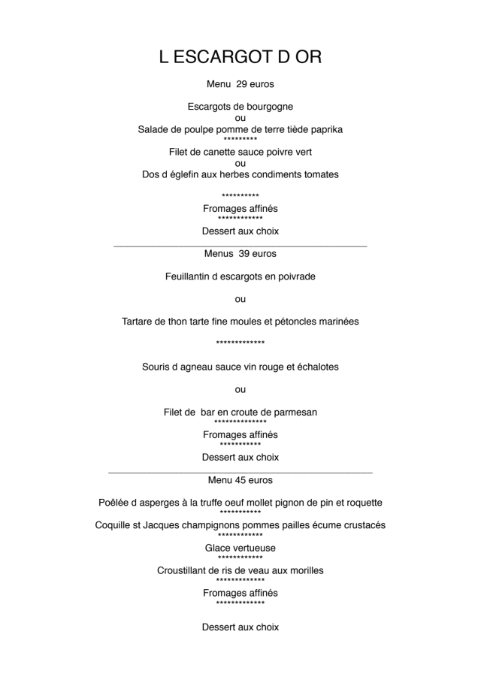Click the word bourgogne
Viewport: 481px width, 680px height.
(x=267, y=107)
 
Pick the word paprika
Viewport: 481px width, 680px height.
(x=325, y=130)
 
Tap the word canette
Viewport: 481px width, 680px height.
(x=228, y=153)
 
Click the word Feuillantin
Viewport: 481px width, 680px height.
(x=192, y=277)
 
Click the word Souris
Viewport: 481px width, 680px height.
(x=157, y=367)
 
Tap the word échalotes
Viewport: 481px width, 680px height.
(x=314, y=367)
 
